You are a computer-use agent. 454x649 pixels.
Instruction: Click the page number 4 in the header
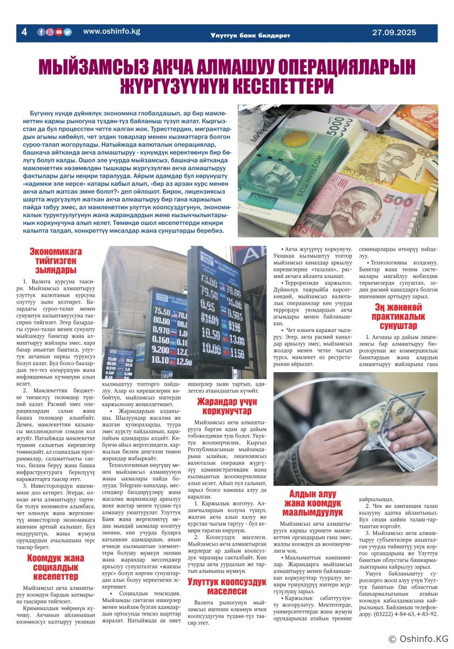[x=24, y=32]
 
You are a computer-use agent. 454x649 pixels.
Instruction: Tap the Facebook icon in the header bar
[x=41, y=32]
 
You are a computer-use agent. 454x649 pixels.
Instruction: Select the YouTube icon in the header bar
[x=59, y=32]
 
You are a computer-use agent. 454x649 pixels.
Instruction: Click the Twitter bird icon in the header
[x=68, y=32]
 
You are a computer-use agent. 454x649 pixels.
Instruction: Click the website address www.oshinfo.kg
[x=111, y=31]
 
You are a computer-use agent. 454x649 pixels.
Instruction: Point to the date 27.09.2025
[x=394, y=32]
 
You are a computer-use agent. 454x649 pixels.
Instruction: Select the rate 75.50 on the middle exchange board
[x=162, y=311]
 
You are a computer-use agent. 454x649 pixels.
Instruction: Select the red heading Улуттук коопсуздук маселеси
[x=227, y=586]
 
